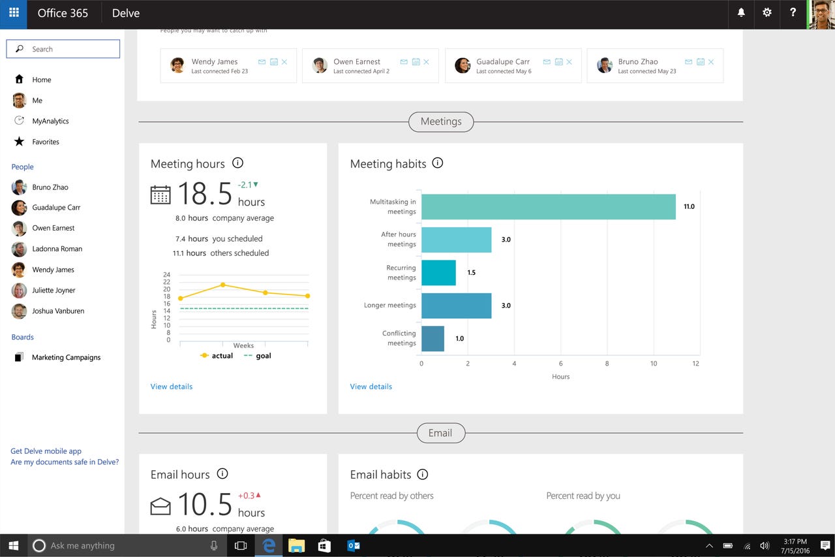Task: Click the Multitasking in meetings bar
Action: click(x=548, y=206)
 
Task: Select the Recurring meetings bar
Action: click(x=438, y=272)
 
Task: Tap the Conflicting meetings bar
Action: click(x=433, y=338)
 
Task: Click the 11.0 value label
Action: click(x=689, y=206)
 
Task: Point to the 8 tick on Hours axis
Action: click(x=607, y=363)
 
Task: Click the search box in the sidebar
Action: click(x=63, y=49)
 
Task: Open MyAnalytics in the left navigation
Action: click(x=50, y=121)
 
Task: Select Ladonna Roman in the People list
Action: click(x=57, y=249)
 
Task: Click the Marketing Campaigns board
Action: click(x=66, y=357)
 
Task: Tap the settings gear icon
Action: click(x=767, y=12)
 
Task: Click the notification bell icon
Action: click(x=741, y=12)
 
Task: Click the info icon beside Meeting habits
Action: click(x=438, y=163)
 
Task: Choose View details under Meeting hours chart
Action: click(x=172, y=387)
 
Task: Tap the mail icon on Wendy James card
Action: click(x=262, y=62)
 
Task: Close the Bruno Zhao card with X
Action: click(x=711, y=62)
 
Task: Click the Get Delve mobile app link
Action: click(x=46, y=451)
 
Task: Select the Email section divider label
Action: click(x=440, y=433)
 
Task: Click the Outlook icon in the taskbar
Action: click(x=353, y=545)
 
